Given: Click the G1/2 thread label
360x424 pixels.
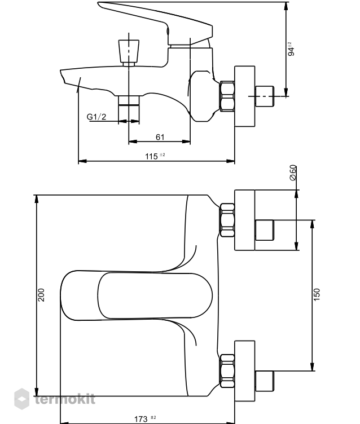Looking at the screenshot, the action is pyautogui.click(x=96, y=117).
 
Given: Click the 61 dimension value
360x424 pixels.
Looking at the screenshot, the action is pyautogui.click(x=160, y=137).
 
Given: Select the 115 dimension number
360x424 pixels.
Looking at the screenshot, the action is pyautogui.click(x=151, y=156).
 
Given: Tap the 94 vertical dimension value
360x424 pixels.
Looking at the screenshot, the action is pyautogui.click(x=291, y=51).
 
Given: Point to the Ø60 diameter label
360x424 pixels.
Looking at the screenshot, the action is pyautogui.click(x=293, y=173).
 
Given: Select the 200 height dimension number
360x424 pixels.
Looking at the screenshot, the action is pyautogui.click(x=41, y=295).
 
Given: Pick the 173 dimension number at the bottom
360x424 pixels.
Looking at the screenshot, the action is pyautogui.click(x=141, y=419).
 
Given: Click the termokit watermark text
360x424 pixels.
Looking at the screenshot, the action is pyautogui.click(x=65, y=399).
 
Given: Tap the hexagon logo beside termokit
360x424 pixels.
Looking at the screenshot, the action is pyautogui.click(x=21, y=399).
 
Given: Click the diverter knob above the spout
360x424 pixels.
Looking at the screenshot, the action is pyautogui.click(x=129, y=53).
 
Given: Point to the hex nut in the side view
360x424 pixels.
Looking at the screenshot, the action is pyautogui.click(x=227, y=96).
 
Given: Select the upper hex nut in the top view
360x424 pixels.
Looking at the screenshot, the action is pyautogui.click(x=227, y=220).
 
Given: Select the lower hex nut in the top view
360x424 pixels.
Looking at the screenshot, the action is pyautogui.click(x=227, y=371).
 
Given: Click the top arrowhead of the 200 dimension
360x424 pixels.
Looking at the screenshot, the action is pyautogui.click(x=37, y=198).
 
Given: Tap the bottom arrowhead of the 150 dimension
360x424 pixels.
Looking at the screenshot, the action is pyautogui.click(x=313, y=367).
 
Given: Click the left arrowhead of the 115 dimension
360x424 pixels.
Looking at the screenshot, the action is pyautogui.click(x=82, y=161).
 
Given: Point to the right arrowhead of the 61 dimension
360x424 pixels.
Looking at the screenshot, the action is pyautogui.click(x=186, y=141).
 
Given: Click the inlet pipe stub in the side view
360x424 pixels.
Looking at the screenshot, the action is pyautogui.click(x=265, y=96).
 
